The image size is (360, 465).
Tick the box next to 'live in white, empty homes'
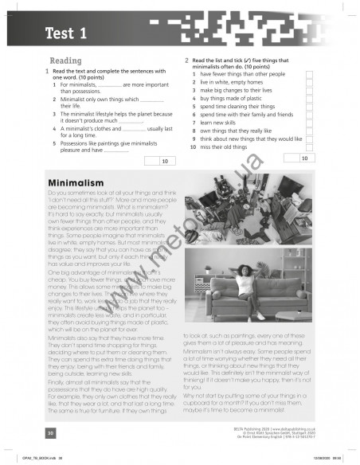click(309, 82)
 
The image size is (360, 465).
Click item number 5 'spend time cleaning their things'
click(235, 106)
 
